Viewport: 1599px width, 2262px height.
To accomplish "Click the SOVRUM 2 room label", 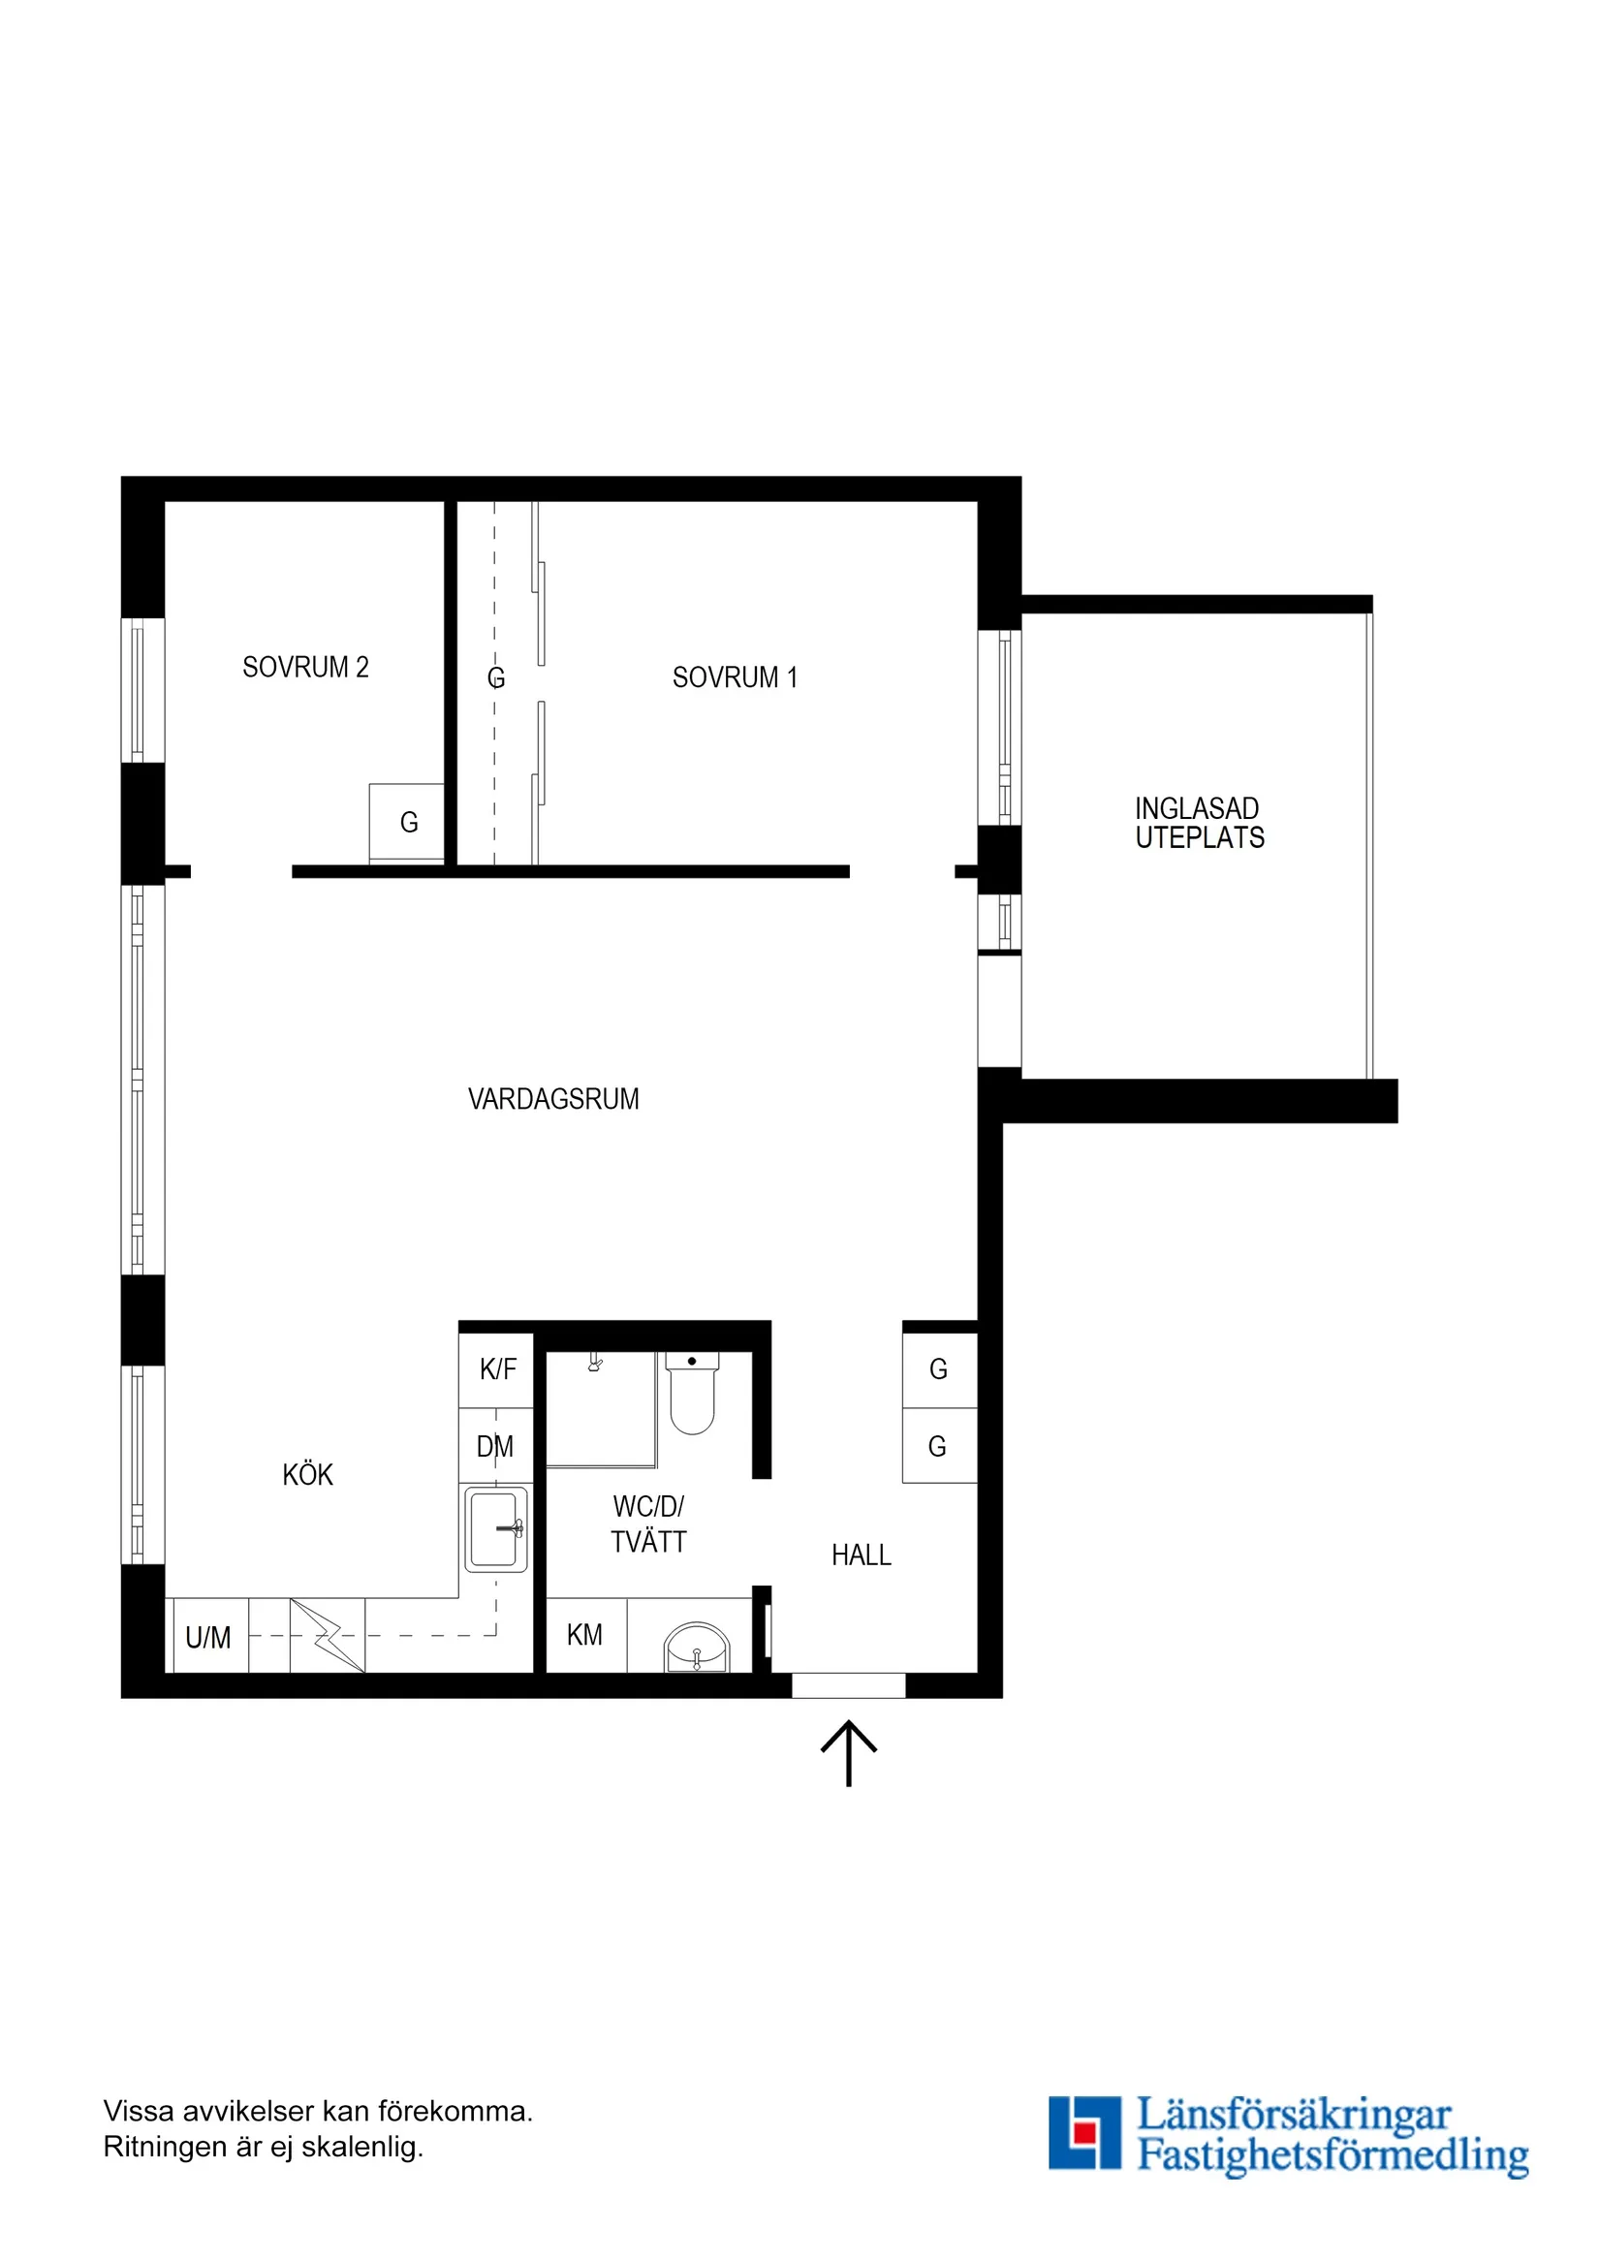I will pyautogui.click(x=305, y=667).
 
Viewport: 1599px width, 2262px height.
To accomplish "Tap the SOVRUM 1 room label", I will pyautogui.click(x=734, y=677).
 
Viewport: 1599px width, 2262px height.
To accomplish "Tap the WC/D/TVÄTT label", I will pyautogui.click(x=648, y=1524).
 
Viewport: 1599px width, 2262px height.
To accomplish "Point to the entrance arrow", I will pyautogui.click(x=848, y=1752).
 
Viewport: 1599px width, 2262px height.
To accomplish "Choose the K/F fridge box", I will pyautogui.click(x=496, y=1369).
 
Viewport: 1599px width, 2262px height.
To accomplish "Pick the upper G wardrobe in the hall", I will pyautogui.click(x=939, y=1369).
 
